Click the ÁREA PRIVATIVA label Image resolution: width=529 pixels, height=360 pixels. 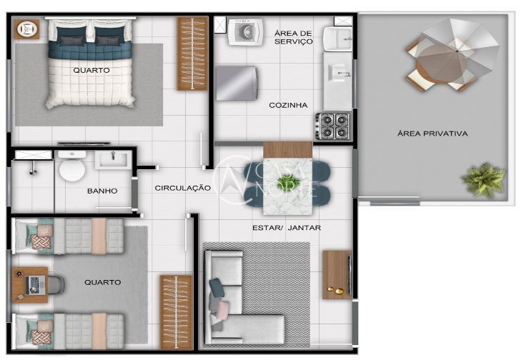point(432,134)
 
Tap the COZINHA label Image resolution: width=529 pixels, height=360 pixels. point(288,105)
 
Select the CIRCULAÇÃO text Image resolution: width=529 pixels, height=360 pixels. point(182,188)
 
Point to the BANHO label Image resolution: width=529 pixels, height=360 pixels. point(102,191)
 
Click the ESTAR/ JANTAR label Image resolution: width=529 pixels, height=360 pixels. point(286,228)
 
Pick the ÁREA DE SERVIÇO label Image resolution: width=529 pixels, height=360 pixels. point(293,37)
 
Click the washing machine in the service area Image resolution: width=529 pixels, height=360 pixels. point(245,32)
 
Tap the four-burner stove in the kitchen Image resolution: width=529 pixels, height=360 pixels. point(333,126)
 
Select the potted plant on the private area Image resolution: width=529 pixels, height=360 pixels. point(483,179)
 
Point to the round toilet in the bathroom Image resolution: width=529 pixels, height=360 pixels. point(71,169)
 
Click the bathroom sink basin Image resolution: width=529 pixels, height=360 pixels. point(112,159)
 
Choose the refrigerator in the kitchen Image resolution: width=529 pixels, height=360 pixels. point(236,83)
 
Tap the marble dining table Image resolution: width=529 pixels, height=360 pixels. point(287,179)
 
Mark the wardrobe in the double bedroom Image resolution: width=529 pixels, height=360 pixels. point(192,54)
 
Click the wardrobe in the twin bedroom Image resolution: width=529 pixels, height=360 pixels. point(176,311)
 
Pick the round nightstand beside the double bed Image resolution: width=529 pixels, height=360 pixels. point(28,29)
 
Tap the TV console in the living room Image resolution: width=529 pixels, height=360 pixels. point(336,274)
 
